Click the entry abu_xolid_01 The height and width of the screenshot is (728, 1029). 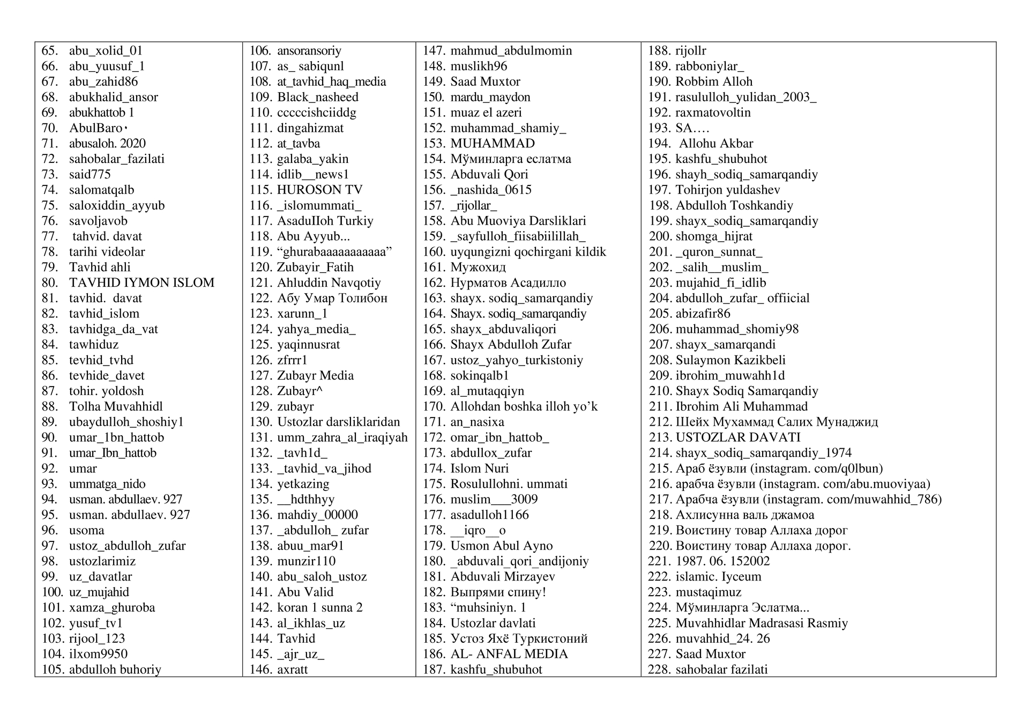106,51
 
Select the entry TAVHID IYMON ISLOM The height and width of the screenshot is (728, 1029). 141,283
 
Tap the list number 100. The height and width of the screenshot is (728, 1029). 52,592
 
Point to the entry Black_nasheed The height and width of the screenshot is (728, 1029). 317,97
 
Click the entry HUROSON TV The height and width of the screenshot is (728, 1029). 319,190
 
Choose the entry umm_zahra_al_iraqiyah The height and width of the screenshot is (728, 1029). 342,437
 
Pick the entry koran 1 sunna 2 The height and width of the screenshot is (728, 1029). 319,607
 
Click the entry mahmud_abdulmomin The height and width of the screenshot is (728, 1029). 511,51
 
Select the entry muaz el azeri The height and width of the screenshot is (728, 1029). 486,113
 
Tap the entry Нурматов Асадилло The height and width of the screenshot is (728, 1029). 508,283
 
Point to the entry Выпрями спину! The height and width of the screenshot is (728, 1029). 498,592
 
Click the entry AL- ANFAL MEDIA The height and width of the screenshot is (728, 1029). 509,654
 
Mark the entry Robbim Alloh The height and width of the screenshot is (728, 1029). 714,81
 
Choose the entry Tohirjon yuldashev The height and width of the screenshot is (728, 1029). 728,190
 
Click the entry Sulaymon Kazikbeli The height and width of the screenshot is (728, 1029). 730,360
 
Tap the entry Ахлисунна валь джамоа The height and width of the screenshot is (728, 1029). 745,515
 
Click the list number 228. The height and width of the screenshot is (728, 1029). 659,670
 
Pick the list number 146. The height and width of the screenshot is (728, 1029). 260,670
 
